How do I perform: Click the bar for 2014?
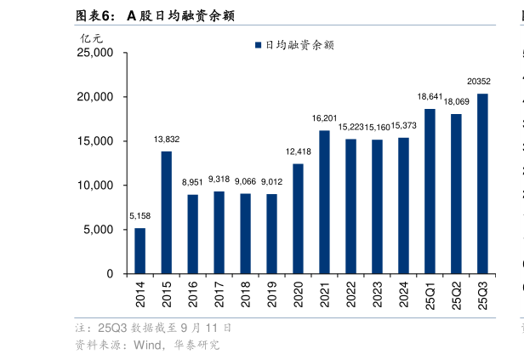tap(140, 251)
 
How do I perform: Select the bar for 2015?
tap(166, 213)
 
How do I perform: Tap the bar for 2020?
tap(298, 219)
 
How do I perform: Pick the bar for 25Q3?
tap(482, 184)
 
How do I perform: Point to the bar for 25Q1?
tap(430, 191)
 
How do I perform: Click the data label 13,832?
tap(166, 139)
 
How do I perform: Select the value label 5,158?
tap(140, 216)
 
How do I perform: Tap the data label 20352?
tap(478, 82)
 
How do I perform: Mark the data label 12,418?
tap(298, 151)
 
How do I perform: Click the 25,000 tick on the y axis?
tap(95, 53)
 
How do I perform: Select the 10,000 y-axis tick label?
tap(95, 186)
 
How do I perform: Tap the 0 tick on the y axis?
tap(110, 274)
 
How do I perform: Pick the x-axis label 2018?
tap(246, 296)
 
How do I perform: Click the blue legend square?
tap(258, 45)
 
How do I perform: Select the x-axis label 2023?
tap(377, 296)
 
